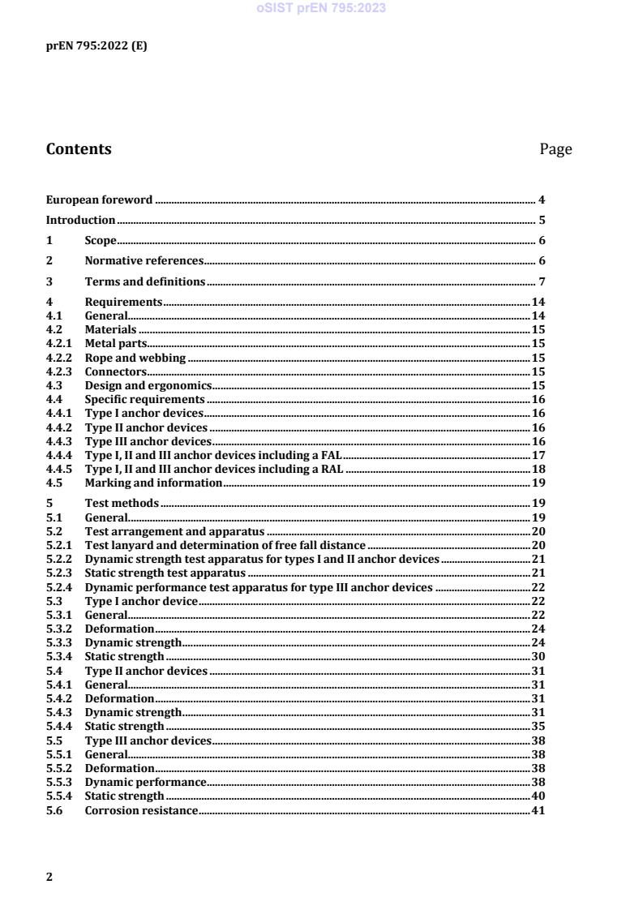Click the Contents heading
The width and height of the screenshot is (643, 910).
79,149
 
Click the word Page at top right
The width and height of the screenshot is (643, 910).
555,149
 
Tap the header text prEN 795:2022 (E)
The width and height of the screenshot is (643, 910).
96,46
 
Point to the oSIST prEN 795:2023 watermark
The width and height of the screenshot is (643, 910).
321,8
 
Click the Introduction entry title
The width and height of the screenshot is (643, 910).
80,220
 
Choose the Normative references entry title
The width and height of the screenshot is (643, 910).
144,260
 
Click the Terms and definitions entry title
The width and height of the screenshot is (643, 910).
145,281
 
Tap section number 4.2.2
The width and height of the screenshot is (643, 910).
59,358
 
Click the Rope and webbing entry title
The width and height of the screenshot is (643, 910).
135,358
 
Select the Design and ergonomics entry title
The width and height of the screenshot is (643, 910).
148,385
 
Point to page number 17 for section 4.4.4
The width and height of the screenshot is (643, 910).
538,455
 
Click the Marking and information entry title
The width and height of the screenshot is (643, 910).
153,483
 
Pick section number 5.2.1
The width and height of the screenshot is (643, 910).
59,545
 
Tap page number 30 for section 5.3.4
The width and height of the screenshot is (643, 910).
538,656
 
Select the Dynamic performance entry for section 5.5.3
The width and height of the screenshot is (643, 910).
145,781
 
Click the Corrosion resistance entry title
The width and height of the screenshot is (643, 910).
141,811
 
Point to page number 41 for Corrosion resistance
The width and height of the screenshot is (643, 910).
538,811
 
